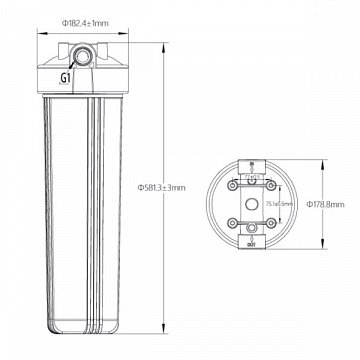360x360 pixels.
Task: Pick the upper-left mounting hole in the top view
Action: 237,182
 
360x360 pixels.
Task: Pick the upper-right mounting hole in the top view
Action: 267,182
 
